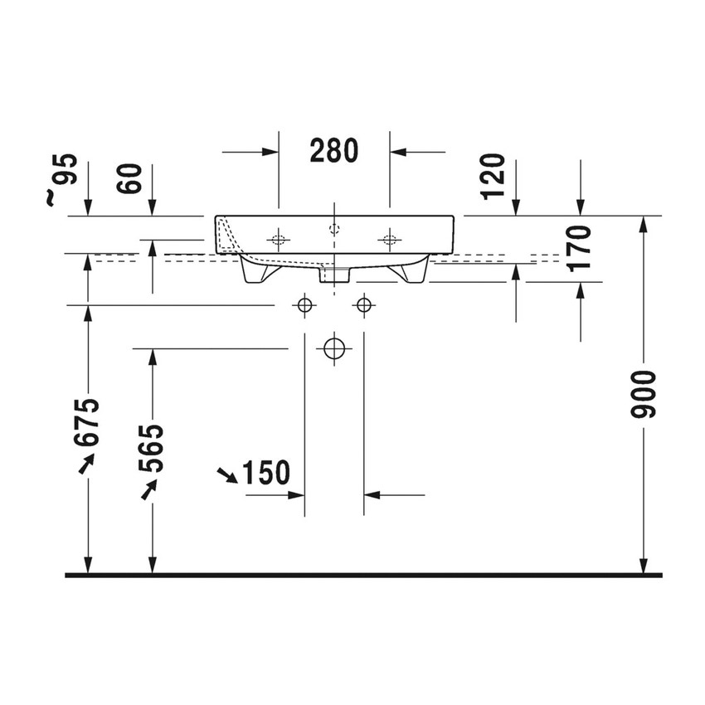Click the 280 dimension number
click(333, 151)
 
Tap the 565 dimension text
click(151, 448)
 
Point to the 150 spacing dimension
click(266, 473)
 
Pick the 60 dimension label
click(131, 178)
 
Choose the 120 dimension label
click(492, 176)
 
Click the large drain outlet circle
click(333, 348)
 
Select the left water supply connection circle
click(304, 305)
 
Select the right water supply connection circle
click(362, 305)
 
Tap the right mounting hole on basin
click(388, 241)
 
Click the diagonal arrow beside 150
click(226, 474)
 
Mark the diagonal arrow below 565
click(148, 492)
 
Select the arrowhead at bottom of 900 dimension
click(643, 564)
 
